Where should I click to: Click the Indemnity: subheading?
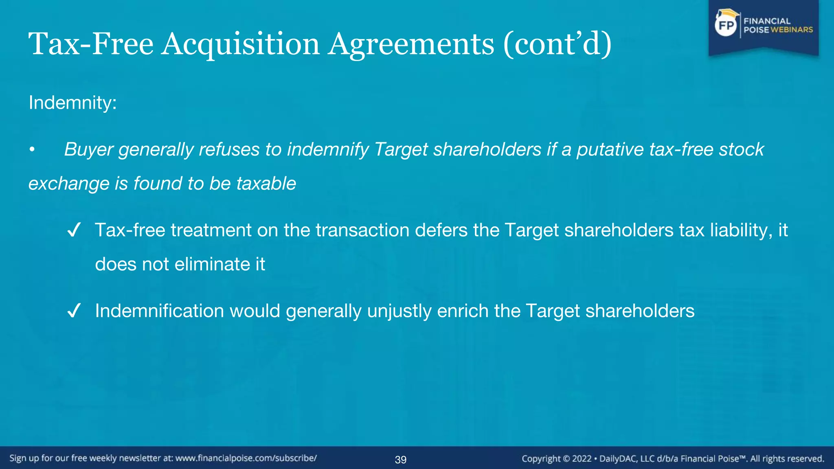[72, 103]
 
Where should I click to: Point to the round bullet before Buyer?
[32, 150]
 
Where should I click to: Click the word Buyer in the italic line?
[88, 149]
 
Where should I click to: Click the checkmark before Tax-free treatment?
[74, 231]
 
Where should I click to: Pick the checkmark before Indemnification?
[74, 311]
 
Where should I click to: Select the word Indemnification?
[159, 311]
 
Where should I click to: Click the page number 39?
[401, 460]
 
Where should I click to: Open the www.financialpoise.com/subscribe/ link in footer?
[246, 458]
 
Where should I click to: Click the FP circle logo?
[726, 26]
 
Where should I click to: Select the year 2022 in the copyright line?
[582, 459]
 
